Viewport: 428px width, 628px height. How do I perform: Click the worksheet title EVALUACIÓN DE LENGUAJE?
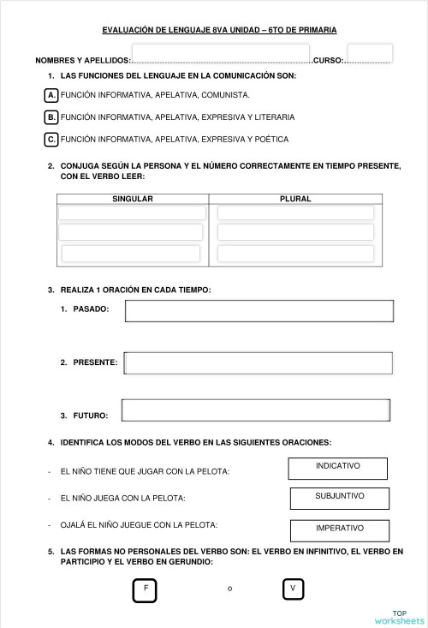coord(219,30)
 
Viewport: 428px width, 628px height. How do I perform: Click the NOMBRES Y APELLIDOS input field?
coord(220,54)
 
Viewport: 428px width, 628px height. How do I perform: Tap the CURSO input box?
coord(370,54)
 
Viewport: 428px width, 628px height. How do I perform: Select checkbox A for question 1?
coord(52,94)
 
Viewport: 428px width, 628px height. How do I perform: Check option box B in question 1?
coord(52,117)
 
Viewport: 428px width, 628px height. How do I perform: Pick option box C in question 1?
coord(52,139)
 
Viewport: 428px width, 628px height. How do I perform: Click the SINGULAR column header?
coord(133,199)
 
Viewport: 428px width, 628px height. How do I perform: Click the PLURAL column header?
coord(295,199)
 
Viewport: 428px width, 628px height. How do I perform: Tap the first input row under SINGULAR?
coord(133,212)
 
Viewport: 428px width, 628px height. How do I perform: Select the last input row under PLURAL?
coord(296,254)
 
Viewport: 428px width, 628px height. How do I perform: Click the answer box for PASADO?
coord(259,310)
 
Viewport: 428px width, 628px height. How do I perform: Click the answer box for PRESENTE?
coord(259,363)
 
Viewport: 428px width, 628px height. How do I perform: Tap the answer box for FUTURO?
coord(257,410)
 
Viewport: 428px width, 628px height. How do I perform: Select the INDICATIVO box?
coord(338,468)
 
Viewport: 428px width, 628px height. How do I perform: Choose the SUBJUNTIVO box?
coord(340,498)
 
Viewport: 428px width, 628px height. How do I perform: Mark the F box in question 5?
coord(146,589)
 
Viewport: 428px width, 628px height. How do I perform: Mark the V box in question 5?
coord(294,589)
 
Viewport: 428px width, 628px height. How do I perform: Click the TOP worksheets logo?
coord(399,617)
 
